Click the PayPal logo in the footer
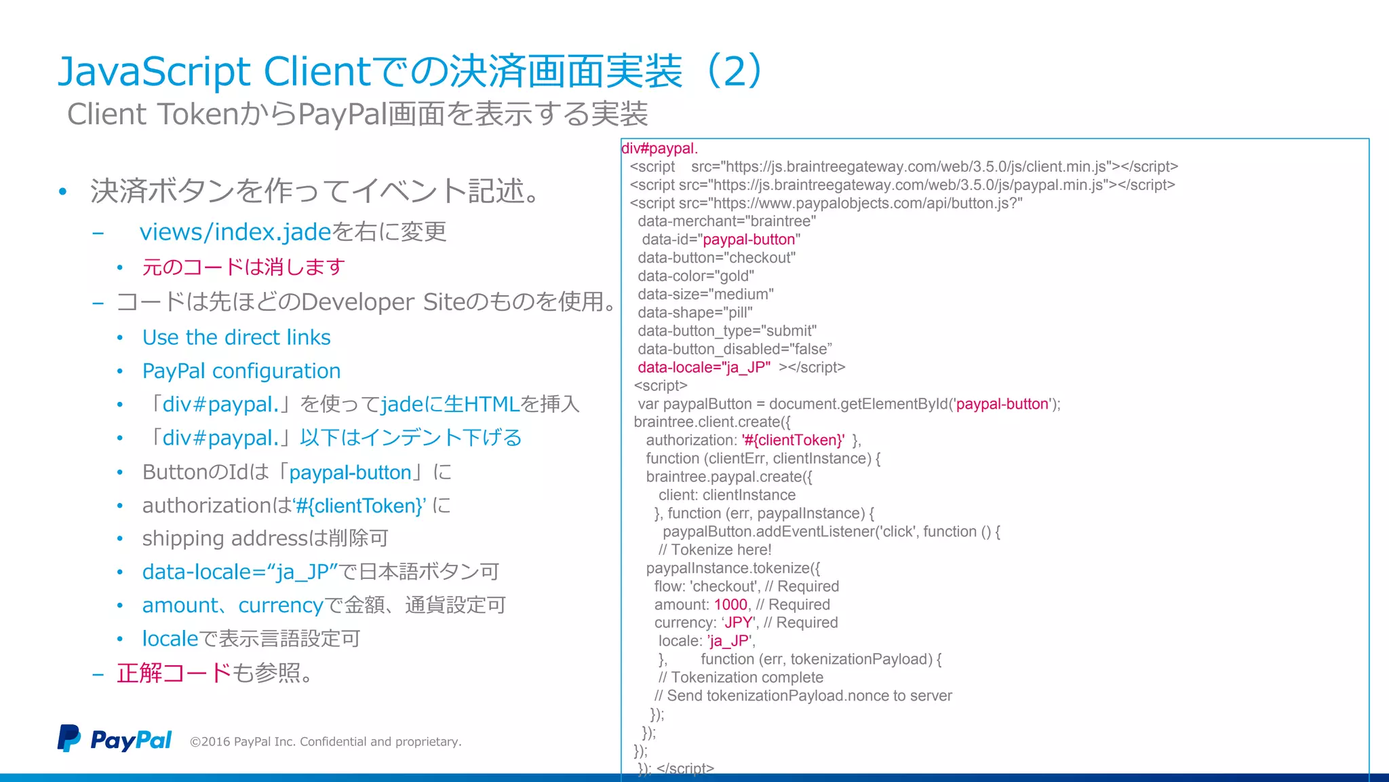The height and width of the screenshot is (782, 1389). coord(114,739)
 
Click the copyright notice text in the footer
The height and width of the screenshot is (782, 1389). coord(326,742)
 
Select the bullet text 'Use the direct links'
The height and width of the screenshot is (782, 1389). coord(236,337)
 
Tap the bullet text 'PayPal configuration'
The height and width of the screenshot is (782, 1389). coord(241,371)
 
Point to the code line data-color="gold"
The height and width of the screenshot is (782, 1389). coord(696,276)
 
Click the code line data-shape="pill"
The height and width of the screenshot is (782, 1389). coord(695,313)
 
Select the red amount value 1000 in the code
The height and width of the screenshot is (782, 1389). coord(730,605)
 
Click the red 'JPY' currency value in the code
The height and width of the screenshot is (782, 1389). coord(739,623)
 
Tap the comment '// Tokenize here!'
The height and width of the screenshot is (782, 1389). coord(715,550)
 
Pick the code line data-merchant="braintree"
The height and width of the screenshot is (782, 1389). coord(726,221)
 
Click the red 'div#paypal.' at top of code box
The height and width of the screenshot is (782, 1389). coord(659,149)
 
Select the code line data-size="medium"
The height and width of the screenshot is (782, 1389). coord(705,295)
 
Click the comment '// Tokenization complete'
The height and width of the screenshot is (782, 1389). coord(741,677)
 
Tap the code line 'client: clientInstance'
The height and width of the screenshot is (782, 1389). coord(726,496)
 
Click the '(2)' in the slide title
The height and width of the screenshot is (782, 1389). coord(735,71)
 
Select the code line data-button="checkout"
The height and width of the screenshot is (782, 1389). coord(716,258)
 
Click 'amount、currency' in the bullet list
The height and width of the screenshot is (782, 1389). coord(232,606)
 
